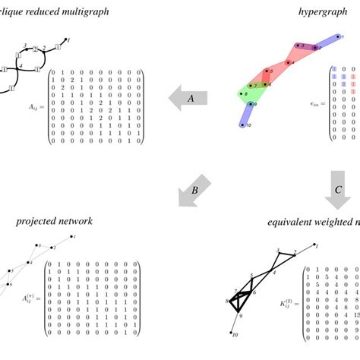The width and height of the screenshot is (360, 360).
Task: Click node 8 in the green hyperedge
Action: point(243,95)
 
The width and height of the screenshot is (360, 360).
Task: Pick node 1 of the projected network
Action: point(72,238)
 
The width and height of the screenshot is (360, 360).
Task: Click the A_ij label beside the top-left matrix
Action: point(32,108)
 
